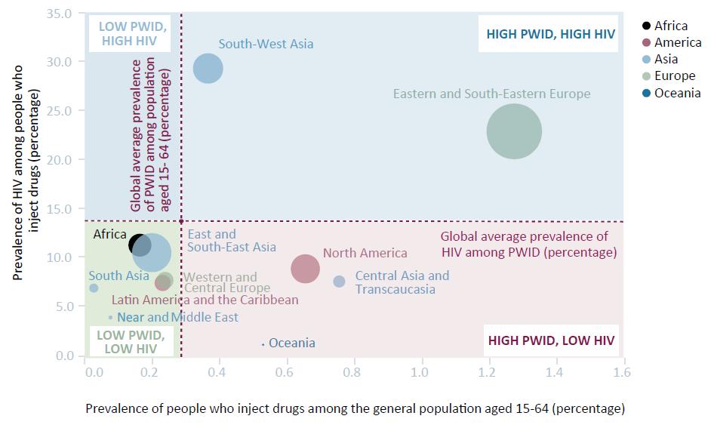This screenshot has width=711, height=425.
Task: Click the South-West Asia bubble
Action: (x=208, y=69)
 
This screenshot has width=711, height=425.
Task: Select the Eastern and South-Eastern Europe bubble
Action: (x=514, y=131)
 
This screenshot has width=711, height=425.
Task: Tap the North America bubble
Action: (x=305, y=268)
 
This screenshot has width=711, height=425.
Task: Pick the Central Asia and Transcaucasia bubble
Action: (x=339, y=282)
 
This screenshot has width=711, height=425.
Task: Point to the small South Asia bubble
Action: (x=94, y=288)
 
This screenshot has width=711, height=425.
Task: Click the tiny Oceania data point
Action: (x=263, y=344)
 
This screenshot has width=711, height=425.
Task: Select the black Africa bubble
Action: (x=139, y=245)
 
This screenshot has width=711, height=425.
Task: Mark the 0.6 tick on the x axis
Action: (x=285, y=372)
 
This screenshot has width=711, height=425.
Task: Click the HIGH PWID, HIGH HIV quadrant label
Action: (x=550, y=34)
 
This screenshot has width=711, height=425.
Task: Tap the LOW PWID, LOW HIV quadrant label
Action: (x=131, y=342)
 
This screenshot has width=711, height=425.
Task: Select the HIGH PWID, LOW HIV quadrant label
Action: (x=551, y=341)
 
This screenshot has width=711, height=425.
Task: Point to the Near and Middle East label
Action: (x=177, y=318)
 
